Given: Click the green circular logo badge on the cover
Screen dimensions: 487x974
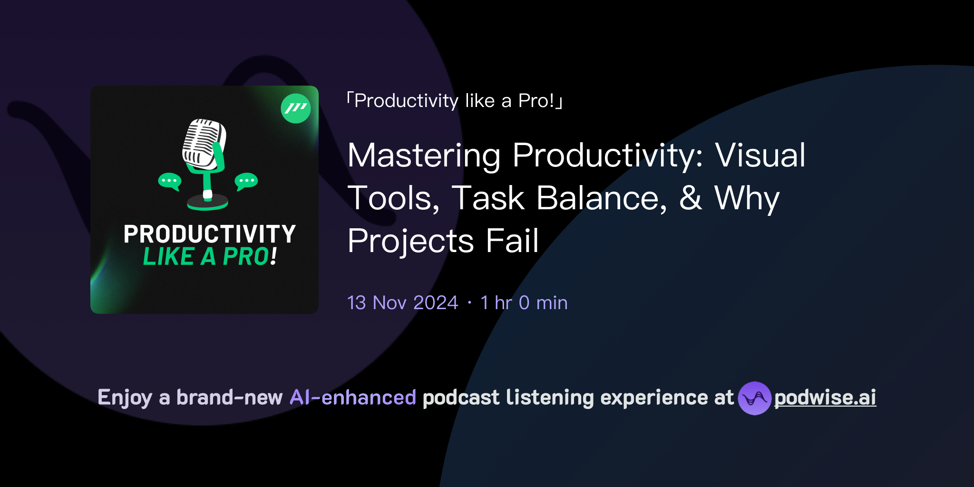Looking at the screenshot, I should pyautogui.click(x=296, y=108).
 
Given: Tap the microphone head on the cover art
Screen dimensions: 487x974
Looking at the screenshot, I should pyautogui.click(x=204, y=143).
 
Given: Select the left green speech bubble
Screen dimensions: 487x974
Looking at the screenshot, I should pyautogui.click(x=170, y=181).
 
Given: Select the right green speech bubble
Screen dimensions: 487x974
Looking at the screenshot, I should pyautogui.click(x=246, y=181).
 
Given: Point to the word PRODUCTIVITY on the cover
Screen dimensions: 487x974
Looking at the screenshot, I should pyautogui.click(x=210, y=234).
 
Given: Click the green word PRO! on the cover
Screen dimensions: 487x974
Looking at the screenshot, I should pyautogui.click(x=249, y=257).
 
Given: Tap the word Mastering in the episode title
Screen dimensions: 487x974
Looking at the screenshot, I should pyautogui.click(x=424, y=156).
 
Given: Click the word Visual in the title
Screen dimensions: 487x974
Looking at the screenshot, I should pyautogui.click(x=760, y=156).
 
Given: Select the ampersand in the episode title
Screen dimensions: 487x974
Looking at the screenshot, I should pyautogui.click(x=691, y=198).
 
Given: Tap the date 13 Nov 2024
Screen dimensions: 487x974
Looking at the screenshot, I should pyautogui.click(x=402, y=303).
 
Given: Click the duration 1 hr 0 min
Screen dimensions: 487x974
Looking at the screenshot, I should pyautogui.click(x=524, y=303).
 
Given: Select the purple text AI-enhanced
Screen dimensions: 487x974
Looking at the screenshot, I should pyautogui.click(x=353, y=398).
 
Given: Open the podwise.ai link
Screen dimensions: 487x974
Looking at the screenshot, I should pyautogui.click(x=825, y=398).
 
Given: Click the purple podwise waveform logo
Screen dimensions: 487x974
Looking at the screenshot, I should pyautogui.click(x=754, y=398).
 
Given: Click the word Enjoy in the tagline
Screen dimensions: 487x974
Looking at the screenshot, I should pyautogui.click(x=125, y=398).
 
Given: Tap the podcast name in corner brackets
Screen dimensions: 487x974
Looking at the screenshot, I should pyautogui.click(x=454, y=101).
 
